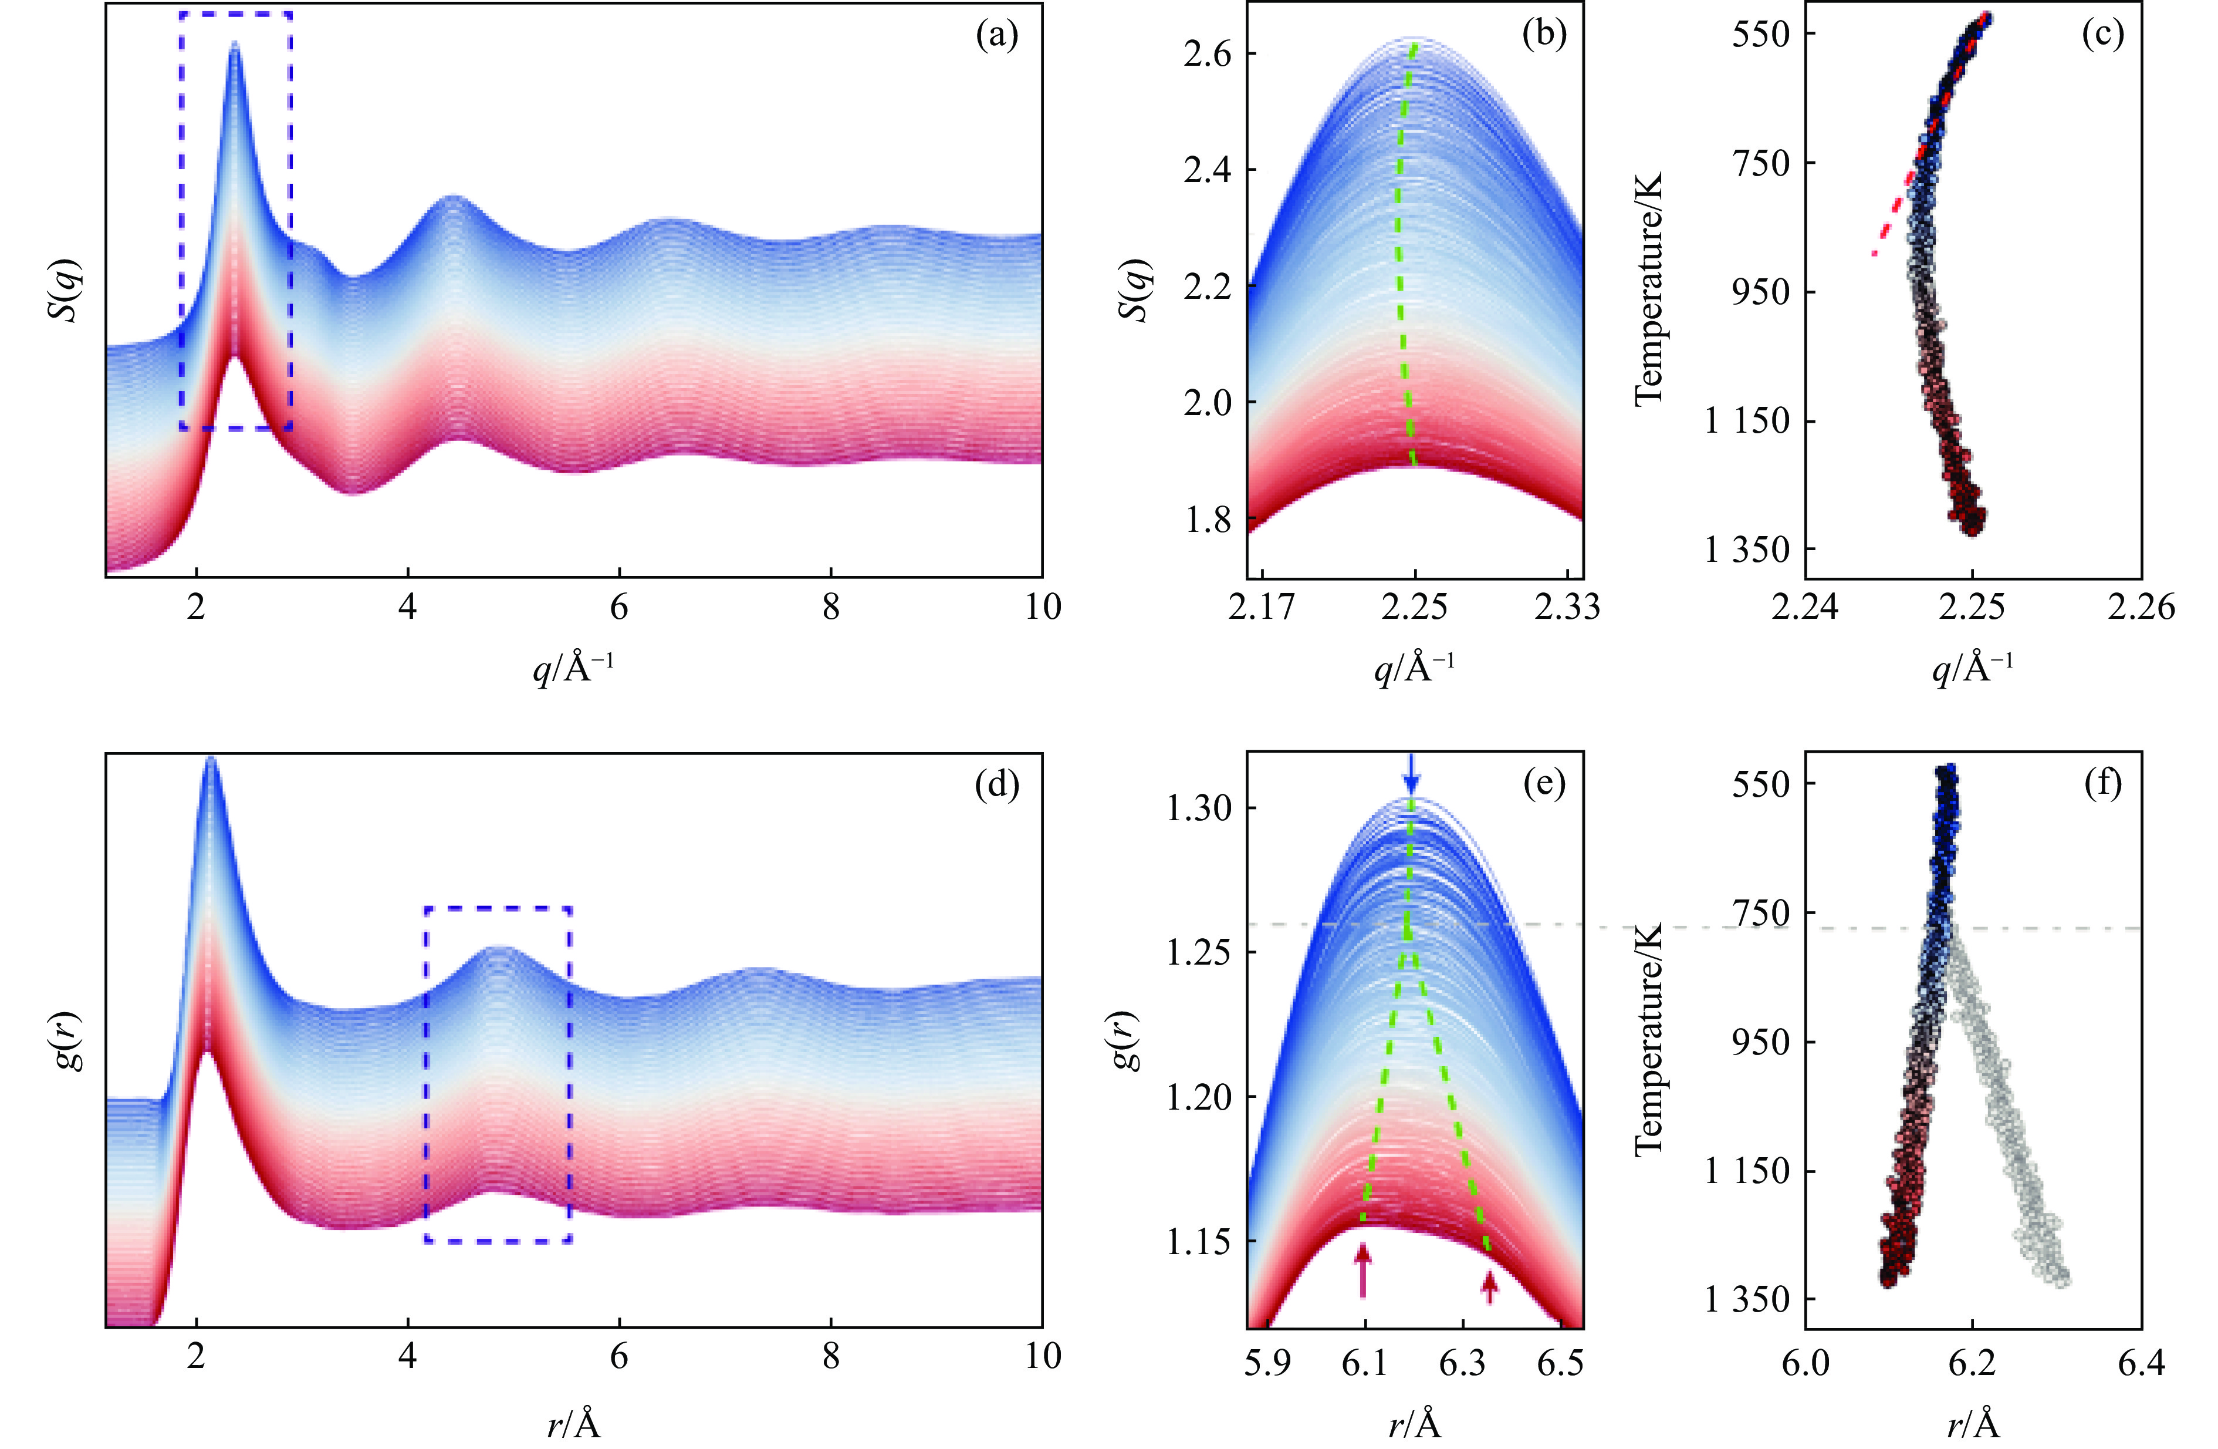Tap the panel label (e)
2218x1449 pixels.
[1543, 784]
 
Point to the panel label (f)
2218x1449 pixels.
[2102, 784]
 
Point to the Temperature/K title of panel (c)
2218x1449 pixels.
[1649, 289]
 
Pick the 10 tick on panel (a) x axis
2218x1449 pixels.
[1042, 607]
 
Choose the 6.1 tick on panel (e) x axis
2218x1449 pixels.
[1365, 1363]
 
